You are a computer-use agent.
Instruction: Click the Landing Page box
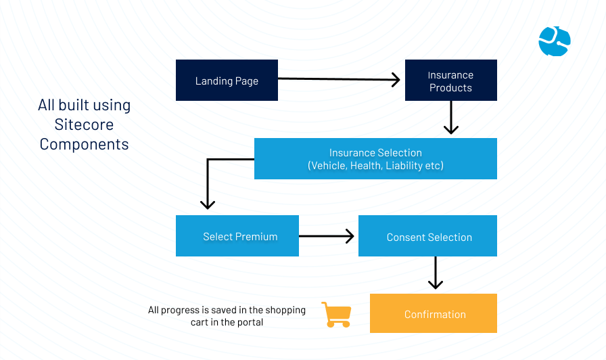[227, 80]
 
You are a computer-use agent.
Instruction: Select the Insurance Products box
[451, 80]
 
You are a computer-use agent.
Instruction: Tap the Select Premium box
[237, 236]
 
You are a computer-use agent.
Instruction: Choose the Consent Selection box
[428, 236]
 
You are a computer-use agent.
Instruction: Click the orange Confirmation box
[434, 313]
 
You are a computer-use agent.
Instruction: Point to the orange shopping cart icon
[337, 315]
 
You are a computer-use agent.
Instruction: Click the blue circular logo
[555, 41]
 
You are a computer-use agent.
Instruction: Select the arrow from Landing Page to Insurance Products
[339, 79]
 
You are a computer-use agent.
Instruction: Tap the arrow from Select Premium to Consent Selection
[327, 236]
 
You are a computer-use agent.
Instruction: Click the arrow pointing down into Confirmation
[436, 273]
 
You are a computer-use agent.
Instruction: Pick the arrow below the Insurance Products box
[451, 118]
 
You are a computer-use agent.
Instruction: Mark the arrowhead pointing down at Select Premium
[208, 204]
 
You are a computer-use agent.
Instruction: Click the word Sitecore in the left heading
[84, 125]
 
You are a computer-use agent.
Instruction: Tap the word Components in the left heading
[84, 144]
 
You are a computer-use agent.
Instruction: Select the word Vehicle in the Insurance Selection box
[327, 166]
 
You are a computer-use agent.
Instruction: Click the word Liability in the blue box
[404, 166]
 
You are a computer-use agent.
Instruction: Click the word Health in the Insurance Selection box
[366, 166]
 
